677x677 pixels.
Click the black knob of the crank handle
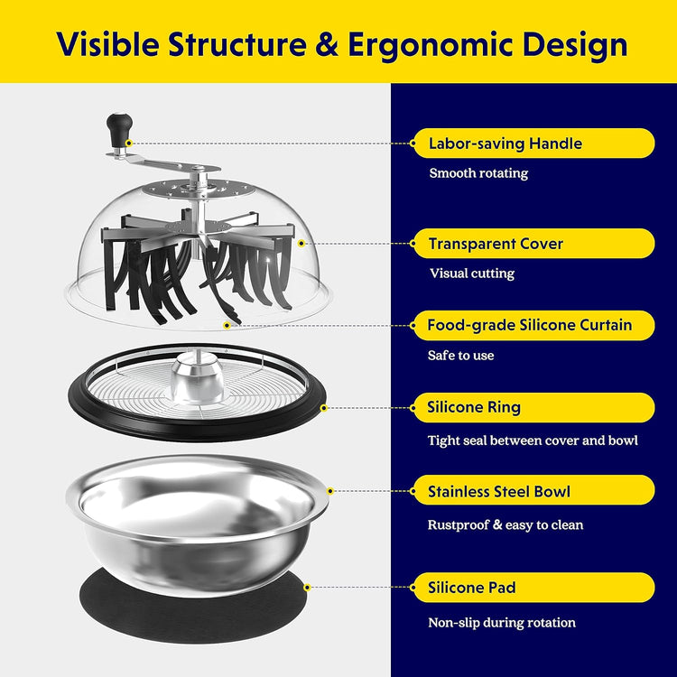coord(119,129)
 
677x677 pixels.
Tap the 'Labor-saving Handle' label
coord(505,144)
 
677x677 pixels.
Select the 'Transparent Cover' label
coord(496,244)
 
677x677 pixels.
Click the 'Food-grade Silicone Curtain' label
coord(529,325)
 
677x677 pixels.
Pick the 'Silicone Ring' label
coord(474,407)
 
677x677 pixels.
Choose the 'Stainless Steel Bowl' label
coord(498,491)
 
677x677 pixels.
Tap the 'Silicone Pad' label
coord(471,588)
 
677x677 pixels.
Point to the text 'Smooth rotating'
coord(478,173)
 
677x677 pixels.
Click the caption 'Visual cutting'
coord(472,274)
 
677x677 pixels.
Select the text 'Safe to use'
coord(460,356)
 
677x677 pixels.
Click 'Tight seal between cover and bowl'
coord(533,441)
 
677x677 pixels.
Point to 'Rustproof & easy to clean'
coord(505,524)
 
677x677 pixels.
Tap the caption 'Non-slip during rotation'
coord(502,623)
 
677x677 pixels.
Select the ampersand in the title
coord(327,44)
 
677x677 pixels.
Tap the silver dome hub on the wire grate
coord(198,376)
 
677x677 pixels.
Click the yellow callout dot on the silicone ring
coord(324,408)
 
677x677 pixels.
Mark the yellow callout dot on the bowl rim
coord(330,491)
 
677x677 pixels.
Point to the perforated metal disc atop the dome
coord(199,190)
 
